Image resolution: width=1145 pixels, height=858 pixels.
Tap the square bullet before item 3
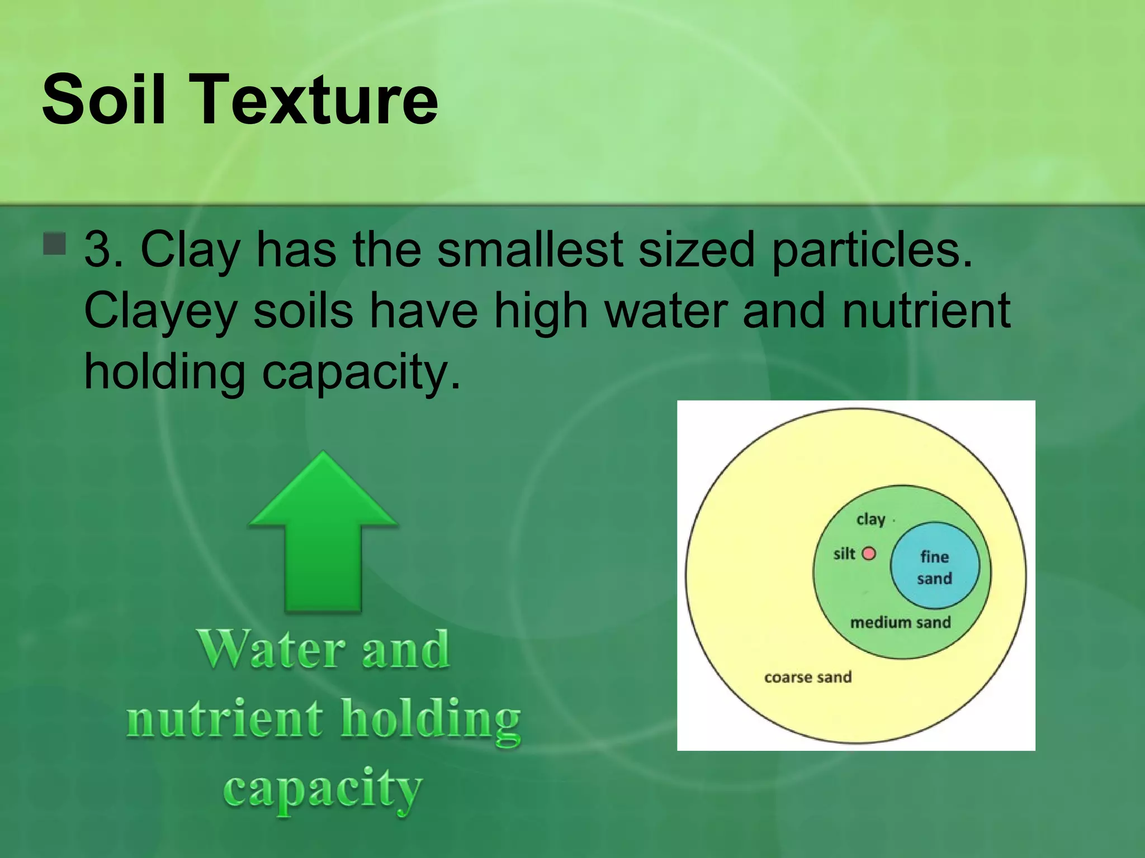pos(54,244)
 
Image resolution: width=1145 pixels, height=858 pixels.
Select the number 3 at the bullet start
pos(98,249)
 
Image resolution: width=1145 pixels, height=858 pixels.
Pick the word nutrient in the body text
pos(926,311)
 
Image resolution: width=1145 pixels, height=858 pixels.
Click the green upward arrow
pos(323,536)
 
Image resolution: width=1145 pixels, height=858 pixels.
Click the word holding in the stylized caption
pos(430,720)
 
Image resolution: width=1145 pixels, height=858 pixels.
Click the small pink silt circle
pos(869,554)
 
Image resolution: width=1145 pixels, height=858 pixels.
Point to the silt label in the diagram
pos(844,554)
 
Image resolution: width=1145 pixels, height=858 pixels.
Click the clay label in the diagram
pos(870,519)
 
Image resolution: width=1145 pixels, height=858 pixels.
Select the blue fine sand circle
pos(934,566)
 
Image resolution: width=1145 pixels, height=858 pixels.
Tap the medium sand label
pos(900,622)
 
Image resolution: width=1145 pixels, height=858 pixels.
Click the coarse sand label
pos(807,678)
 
